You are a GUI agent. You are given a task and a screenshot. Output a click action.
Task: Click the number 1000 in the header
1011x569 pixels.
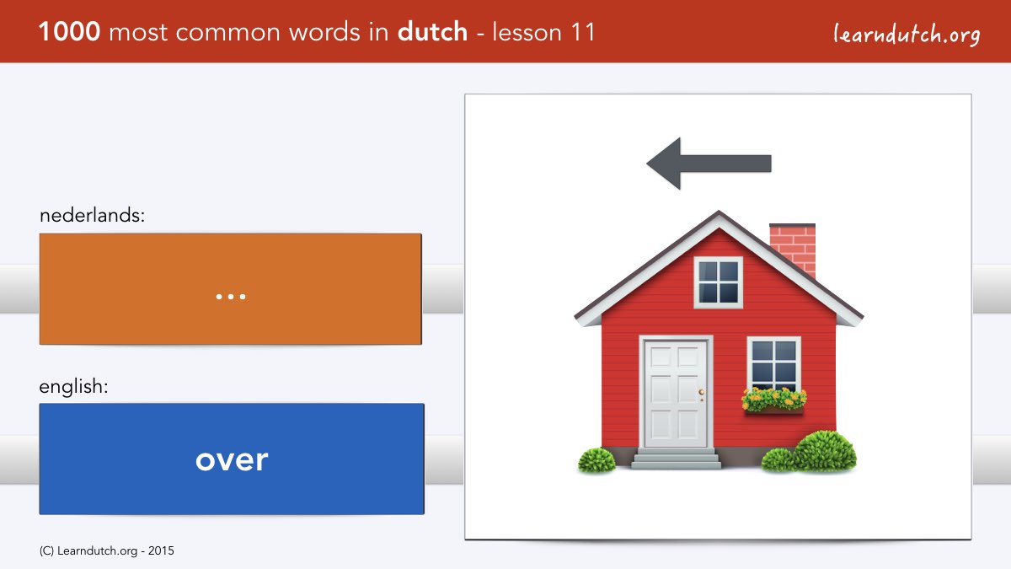69,32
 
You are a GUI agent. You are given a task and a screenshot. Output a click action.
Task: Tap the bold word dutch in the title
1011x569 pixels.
432,32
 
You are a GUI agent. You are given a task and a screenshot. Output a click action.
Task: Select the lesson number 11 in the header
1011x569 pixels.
583,32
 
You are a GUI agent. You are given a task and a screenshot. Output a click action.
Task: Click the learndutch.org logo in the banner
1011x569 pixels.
907,34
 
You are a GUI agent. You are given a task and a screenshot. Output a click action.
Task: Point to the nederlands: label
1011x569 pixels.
92,215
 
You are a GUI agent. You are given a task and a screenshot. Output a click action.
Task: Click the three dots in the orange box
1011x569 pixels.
231,297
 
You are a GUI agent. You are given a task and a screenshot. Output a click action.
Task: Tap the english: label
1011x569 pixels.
73,387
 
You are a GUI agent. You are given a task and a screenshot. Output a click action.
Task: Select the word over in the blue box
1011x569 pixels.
232,460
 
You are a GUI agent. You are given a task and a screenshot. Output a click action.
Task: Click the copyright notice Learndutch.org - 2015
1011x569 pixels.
106,551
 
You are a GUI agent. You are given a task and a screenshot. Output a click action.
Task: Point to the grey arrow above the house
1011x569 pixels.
709,164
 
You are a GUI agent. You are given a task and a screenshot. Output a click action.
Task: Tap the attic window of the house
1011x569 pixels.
718,282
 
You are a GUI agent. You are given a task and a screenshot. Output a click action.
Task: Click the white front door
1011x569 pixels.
676,394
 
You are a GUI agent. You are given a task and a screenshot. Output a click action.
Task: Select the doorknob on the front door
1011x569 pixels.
701,392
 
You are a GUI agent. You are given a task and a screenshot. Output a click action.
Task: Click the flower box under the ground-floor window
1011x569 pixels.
774,401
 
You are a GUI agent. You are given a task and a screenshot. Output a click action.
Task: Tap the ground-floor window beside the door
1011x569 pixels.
774,364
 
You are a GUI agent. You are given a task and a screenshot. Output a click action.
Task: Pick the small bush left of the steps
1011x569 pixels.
596,460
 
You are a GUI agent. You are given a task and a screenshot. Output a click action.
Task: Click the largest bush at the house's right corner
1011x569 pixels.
825,451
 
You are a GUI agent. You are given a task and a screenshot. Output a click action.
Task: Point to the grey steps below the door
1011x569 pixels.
676,459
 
